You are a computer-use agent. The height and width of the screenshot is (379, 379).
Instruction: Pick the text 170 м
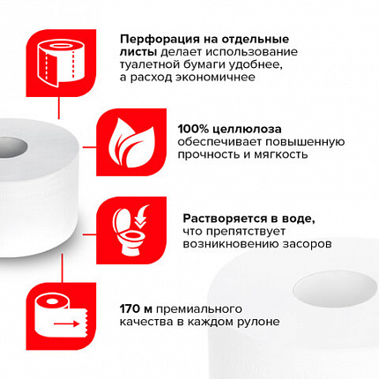(137, 308)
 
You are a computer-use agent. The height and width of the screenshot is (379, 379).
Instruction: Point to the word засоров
(304, 242)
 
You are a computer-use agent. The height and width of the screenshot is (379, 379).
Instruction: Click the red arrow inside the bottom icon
(63, 324)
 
